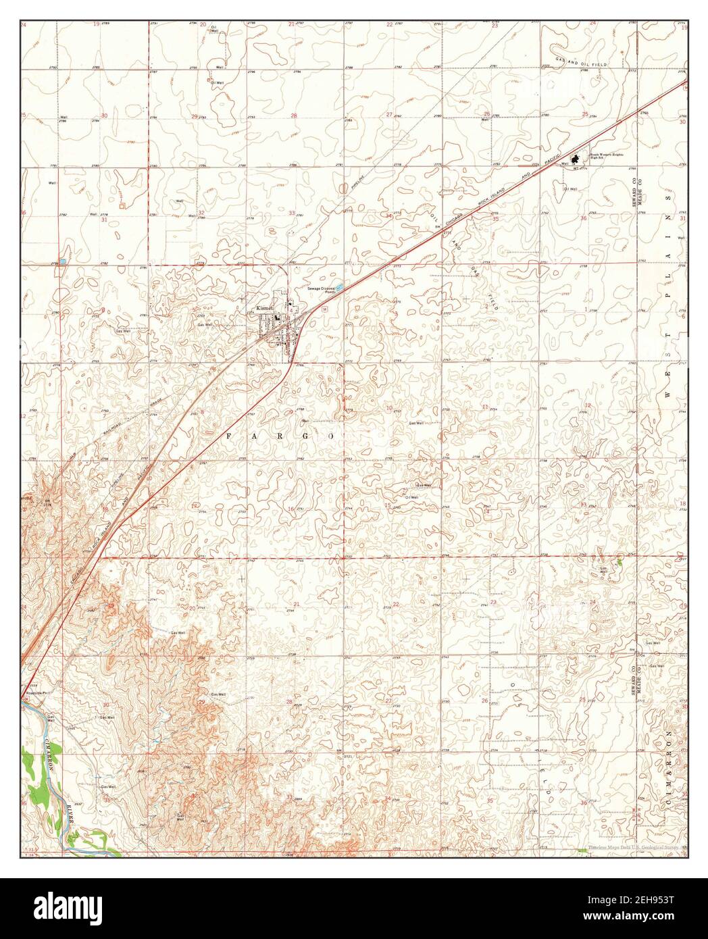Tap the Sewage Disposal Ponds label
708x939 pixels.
coord(322,291)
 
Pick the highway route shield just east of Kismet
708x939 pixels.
coord(324,307)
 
